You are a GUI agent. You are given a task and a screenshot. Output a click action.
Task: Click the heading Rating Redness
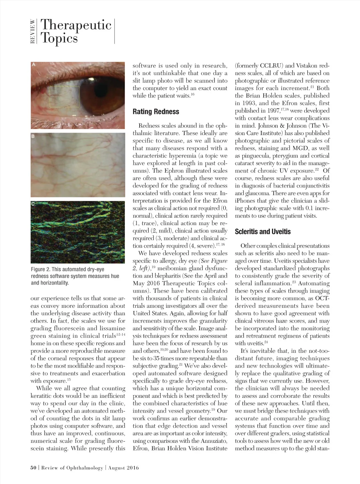[156, 112]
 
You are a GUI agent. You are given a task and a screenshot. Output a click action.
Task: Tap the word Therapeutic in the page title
[76, 25]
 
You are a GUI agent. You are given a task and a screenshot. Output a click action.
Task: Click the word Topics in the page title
[59, 38]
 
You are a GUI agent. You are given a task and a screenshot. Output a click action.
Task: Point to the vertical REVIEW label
[33, 31]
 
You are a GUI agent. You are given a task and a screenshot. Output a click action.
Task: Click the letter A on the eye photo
[34, 65]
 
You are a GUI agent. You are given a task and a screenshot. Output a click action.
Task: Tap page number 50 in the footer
[33, 468]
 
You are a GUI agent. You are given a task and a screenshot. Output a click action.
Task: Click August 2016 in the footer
[123, 468]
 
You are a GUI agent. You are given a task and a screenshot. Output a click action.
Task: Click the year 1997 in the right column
[268, 111]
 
